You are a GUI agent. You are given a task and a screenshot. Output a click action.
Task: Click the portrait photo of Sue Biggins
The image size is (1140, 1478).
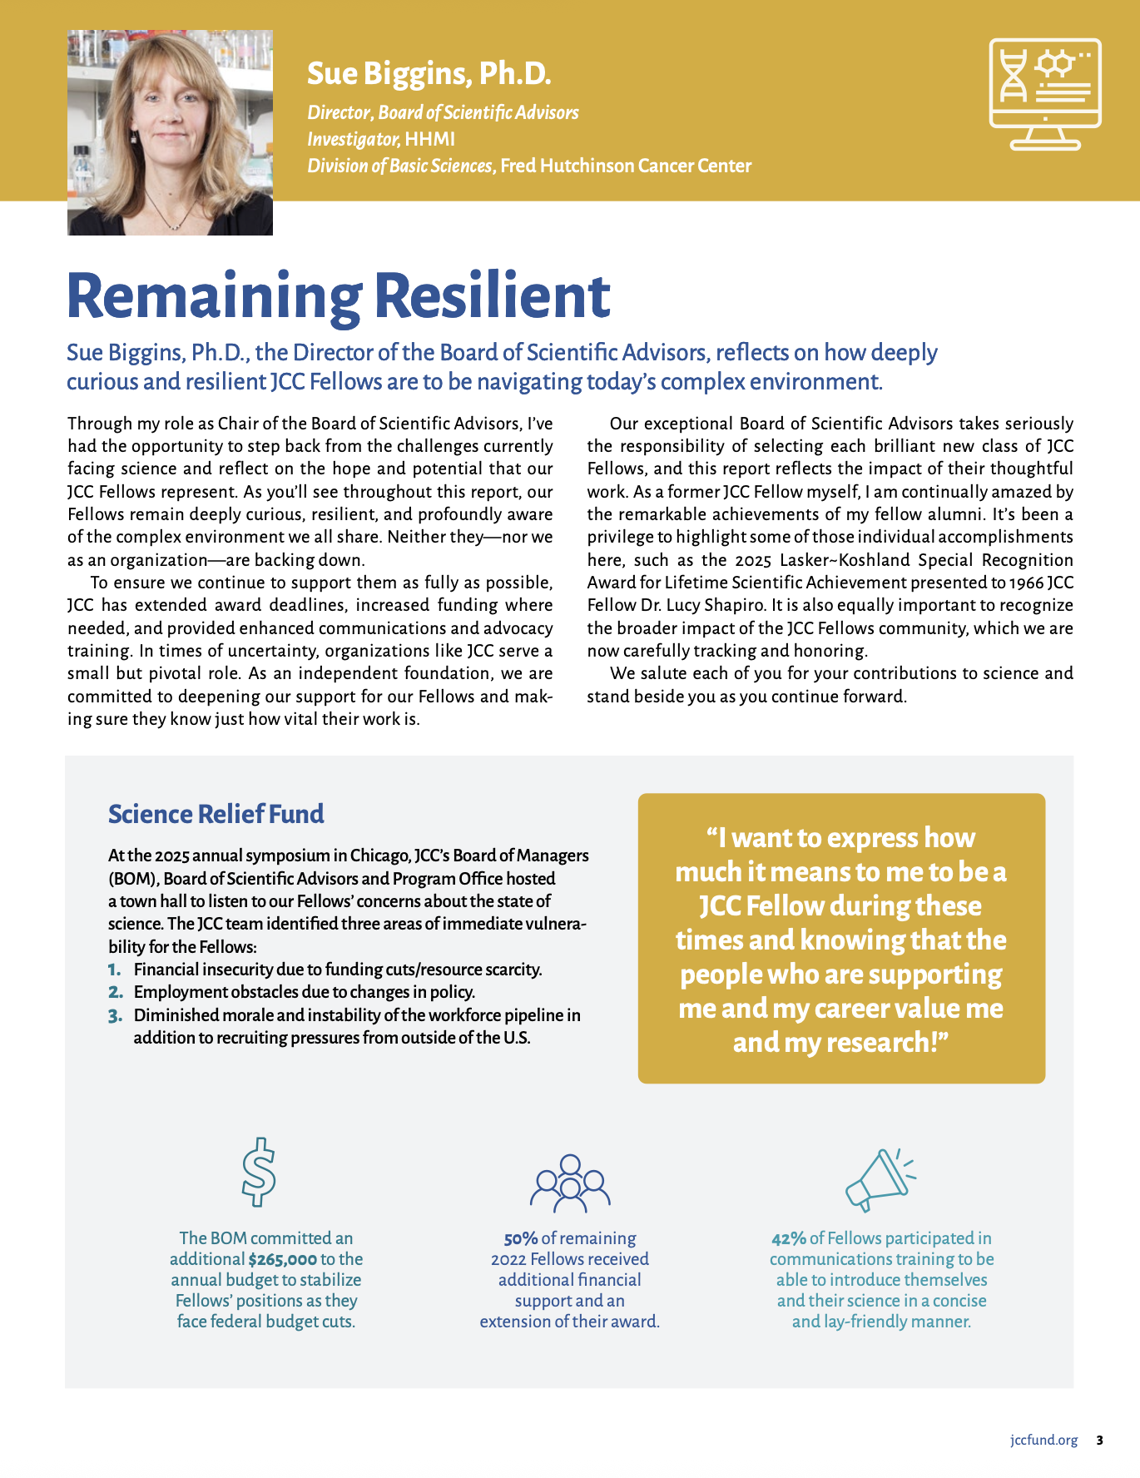pos(170,133)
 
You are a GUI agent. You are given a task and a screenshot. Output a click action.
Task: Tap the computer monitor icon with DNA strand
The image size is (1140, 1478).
pos(1045,94)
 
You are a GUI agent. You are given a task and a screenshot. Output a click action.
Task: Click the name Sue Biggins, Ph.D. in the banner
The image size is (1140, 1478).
pos(429,74)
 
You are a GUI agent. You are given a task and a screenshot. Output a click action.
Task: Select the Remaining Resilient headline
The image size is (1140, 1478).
pos(338,295)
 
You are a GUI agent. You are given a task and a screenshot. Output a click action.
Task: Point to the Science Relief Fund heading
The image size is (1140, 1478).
pos(216,814)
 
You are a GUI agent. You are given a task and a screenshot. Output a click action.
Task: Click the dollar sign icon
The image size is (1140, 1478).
pos(258,1172)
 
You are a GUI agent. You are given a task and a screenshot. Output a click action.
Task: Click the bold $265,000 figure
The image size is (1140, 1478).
pos(283,1260)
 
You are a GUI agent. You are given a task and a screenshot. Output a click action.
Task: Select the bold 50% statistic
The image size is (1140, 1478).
pos(520,1239)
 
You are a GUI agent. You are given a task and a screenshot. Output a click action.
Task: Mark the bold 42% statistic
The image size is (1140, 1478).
pos(788,1239)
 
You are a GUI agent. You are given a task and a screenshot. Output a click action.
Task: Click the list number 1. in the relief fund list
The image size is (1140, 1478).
pos(115,970)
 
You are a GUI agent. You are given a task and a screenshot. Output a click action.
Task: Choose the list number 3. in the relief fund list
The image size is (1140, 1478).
pos(115,1015)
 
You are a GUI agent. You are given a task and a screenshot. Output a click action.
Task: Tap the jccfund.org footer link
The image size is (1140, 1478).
pos(1043,1441)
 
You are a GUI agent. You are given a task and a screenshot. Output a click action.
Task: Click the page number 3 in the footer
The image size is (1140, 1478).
pos(1099,1441)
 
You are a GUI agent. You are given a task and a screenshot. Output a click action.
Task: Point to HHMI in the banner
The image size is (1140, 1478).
pos(429,139)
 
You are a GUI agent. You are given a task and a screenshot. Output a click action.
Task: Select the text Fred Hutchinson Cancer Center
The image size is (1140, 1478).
pos(626,166)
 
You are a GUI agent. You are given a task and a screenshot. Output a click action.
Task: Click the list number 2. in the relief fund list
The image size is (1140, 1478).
pos(115,992)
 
